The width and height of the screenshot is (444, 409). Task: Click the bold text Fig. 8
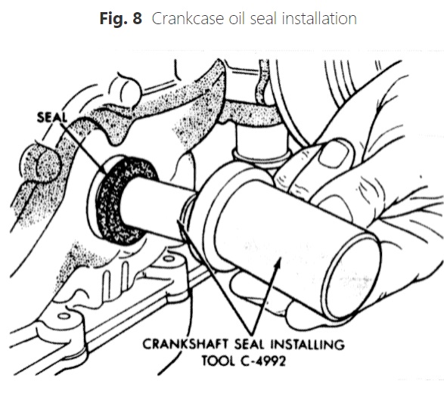(x=120, y=19)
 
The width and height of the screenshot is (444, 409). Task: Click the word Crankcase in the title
(x=188, y=19)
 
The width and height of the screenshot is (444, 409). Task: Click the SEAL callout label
(x=52, y=117)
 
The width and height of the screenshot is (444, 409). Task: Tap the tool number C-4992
(x=263, y=361)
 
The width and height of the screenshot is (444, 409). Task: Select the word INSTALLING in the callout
(x=308, y=345)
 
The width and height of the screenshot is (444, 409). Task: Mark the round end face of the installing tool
(x=353, y=277)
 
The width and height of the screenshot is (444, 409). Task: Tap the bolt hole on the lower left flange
(x=64, y=316)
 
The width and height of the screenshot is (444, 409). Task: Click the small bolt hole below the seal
(x=169, y=259)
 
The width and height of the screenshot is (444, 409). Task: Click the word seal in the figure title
(x=263, y=19)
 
